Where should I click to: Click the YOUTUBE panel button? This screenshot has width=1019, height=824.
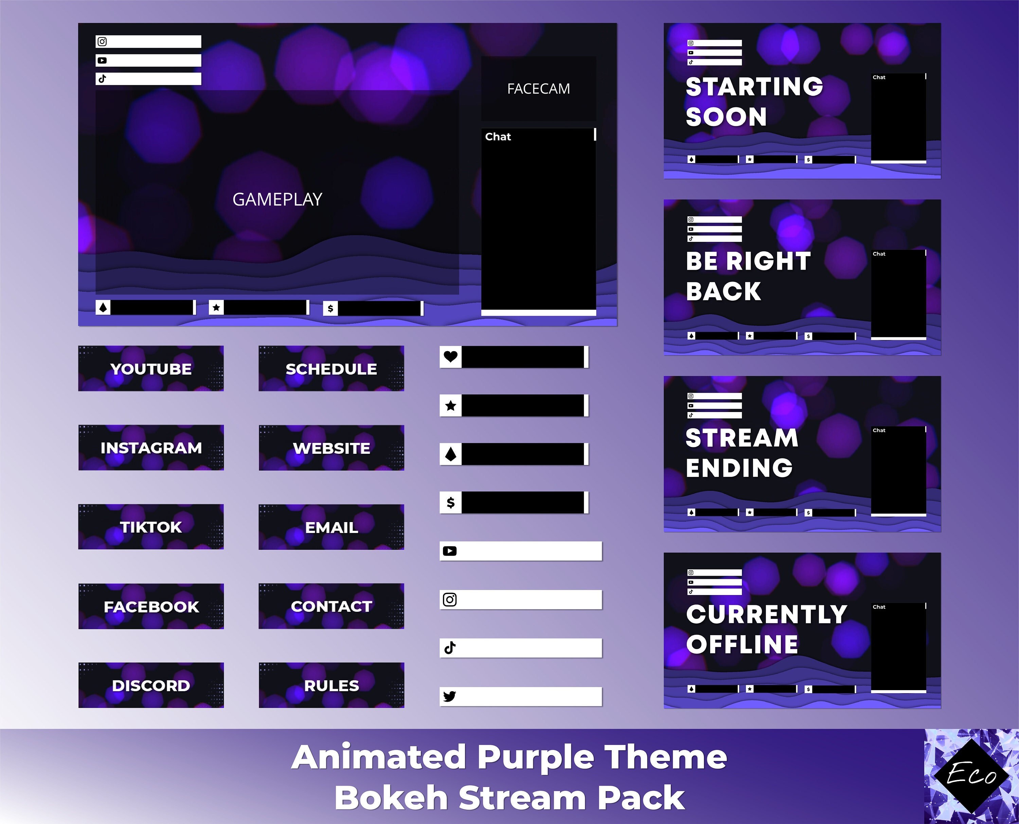151,369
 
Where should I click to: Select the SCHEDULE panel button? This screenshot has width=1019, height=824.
331,369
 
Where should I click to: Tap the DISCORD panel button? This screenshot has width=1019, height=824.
151,685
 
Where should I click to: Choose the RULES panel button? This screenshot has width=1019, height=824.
331,685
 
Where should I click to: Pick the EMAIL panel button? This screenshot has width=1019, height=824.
331,527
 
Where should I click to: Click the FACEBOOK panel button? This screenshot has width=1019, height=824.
151,607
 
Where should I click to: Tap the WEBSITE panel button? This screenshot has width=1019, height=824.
331,448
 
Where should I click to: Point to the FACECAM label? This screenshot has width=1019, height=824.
538,89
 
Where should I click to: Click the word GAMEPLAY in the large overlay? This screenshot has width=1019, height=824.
277,199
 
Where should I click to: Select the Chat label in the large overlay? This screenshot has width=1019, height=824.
498,137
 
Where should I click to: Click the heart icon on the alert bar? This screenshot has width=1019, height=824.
450,356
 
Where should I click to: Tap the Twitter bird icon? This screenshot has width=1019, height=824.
449,696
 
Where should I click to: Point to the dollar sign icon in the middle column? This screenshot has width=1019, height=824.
450,502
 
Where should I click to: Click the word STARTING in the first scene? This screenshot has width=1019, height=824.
754,87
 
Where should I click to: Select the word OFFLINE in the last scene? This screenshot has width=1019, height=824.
742,644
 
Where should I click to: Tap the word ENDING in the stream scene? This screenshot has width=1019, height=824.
739,468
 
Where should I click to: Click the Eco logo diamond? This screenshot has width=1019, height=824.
971,775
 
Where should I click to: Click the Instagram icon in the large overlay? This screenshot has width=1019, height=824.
102,42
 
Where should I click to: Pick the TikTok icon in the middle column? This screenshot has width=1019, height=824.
449,647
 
